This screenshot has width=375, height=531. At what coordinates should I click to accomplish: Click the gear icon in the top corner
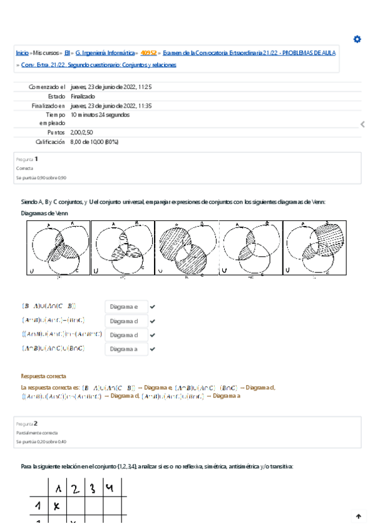pos(357,39)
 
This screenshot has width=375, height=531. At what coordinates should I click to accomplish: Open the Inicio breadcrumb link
pos(22,54)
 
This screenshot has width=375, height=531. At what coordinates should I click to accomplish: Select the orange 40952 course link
pos(149,54)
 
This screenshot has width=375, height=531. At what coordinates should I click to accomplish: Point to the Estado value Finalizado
pos(83,96)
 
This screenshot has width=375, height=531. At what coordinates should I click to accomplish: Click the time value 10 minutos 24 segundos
pos(100,115)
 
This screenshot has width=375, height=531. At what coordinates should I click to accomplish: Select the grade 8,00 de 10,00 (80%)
pos(95,142)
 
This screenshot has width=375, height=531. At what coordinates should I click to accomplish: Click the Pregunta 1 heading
pos(28,159)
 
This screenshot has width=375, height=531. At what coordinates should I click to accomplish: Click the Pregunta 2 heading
pos(28,423)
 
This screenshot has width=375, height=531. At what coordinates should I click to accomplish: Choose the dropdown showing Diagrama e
pos(126,307)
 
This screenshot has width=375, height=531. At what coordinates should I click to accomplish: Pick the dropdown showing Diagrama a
pos(126,349)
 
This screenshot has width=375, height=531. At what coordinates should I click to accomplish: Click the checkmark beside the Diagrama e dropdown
pos(153,307)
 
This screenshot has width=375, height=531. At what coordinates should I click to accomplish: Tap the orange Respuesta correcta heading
pos(44,376)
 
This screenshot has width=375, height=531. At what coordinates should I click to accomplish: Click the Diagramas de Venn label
pos(44,213)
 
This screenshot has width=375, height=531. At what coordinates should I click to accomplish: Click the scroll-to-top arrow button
pos(359,517)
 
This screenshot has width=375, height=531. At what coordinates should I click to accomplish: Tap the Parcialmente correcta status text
pos(36,433)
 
